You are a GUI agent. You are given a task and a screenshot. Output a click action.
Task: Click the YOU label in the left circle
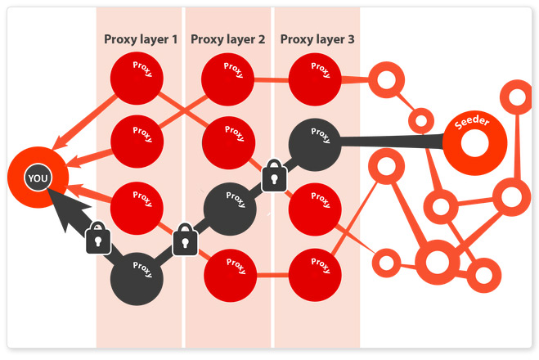click(37, 178)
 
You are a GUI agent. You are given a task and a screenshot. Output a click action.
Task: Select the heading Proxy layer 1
click(141, 38)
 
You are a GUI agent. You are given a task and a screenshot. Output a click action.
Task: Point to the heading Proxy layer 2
click(227, 38)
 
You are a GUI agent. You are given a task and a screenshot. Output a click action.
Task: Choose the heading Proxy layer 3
click(317, 38)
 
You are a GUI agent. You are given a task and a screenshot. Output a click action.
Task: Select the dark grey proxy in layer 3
click(314, 144)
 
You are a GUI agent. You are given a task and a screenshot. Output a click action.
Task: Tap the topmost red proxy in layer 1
click(137, 79)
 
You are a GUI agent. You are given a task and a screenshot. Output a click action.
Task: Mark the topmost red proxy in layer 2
click(227, 79)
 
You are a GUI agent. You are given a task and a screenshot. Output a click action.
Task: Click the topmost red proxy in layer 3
click(315, 79)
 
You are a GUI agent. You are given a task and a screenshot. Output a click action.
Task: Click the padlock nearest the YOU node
click(97, 238)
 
